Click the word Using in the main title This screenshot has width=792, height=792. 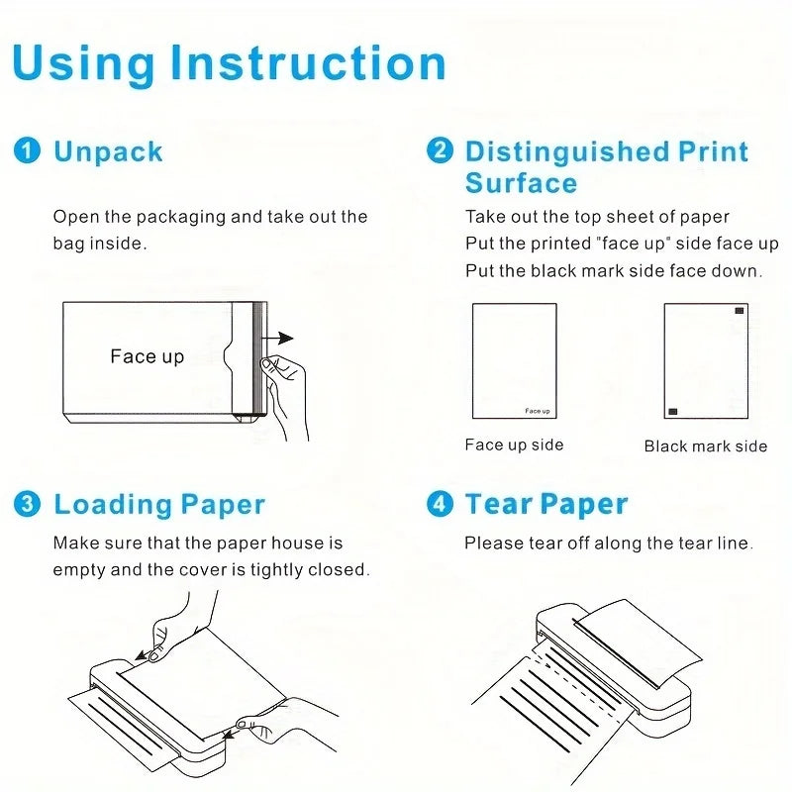click(x=83, y=63)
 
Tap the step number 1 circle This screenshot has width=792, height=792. click(x=28, y=151)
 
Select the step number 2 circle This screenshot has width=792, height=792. click(x=440, y=151)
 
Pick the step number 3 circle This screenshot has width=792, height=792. click(x=28, y=504)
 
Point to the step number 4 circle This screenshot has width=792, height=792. click(x=440, y=504)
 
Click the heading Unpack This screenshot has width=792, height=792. click(x=108, y=151)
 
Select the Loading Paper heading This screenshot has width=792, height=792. click(x=159, y=504)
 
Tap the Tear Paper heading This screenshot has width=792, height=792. click(x=546, y=504)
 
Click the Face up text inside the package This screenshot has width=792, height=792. click(x=147, y=356)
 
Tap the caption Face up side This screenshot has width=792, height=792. click(x=514, y=445)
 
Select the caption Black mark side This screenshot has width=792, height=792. click(x=705, y=446)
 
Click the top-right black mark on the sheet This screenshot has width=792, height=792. click(x=738, y=312)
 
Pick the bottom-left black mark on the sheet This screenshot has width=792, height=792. click(x=673, y=410)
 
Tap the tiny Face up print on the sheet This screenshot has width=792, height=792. click(x=538, y=411)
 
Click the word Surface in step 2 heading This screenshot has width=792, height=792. click(x=521, y=183)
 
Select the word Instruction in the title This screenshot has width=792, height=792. click(x=308, y=63)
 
